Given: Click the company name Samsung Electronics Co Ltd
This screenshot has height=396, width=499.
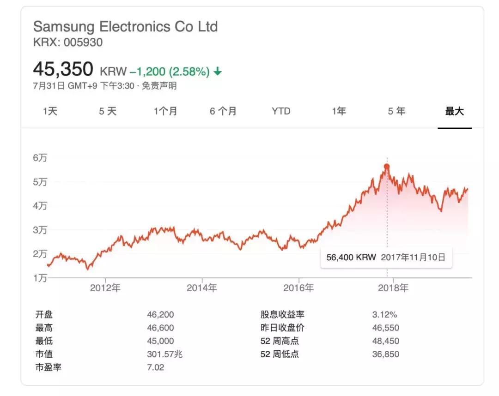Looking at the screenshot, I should point(125,26).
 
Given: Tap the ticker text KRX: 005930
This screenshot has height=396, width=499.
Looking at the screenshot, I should point(68,42).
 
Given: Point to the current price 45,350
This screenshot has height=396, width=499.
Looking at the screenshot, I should point(63,69).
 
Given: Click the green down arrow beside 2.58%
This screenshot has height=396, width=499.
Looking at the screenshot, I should point(218,72).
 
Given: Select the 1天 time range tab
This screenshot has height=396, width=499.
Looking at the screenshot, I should point(50,111).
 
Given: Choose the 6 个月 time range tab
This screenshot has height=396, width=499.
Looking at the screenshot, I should point(223,111).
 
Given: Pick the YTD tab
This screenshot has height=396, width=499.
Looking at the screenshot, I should point(281,111).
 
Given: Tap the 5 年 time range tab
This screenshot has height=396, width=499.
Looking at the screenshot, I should point(396,111).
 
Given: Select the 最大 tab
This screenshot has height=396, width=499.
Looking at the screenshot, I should point(454,111).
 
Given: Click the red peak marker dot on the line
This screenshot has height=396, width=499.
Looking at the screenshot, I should point(387,167).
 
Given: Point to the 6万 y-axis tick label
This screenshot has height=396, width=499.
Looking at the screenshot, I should point(40,158).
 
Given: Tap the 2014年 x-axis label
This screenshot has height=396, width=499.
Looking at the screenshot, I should point(202,288).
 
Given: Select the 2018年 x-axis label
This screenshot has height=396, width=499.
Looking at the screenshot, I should point(393,288).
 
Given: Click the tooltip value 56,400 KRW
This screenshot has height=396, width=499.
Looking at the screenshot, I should point(351,258).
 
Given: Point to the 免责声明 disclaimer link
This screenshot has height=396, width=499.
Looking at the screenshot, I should point(159,86).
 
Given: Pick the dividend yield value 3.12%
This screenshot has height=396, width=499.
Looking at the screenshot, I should point(384,315).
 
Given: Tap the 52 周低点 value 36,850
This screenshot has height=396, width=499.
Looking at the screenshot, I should point(385,354).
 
